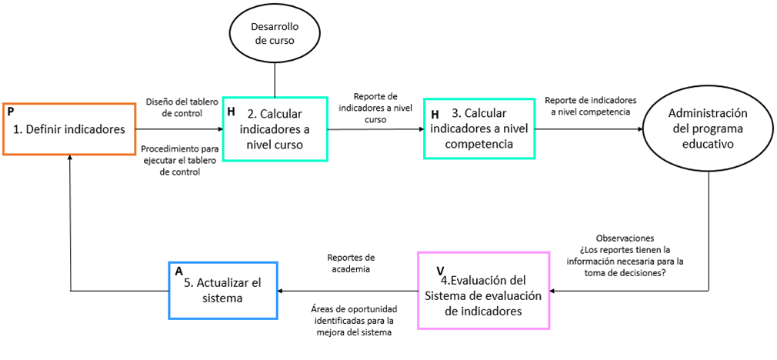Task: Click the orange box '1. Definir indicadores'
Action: [69, 129]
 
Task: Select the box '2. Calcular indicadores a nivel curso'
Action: [275, 128]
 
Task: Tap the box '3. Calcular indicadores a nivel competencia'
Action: [479, 128]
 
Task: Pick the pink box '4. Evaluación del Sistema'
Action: [484, 290]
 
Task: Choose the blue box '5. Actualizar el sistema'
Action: [222, 290]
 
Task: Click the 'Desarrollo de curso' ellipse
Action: [275, 34]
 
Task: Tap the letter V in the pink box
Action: [440, 271]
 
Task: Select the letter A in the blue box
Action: [179, 272]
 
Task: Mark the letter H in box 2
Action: [231, 112]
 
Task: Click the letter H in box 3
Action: [435, 115]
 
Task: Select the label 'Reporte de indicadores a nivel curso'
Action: [376, 108]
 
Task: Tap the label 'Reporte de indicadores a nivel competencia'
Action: [591, 106]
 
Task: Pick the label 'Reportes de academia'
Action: [352, 263]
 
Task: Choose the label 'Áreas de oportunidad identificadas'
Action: [354, 315]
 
